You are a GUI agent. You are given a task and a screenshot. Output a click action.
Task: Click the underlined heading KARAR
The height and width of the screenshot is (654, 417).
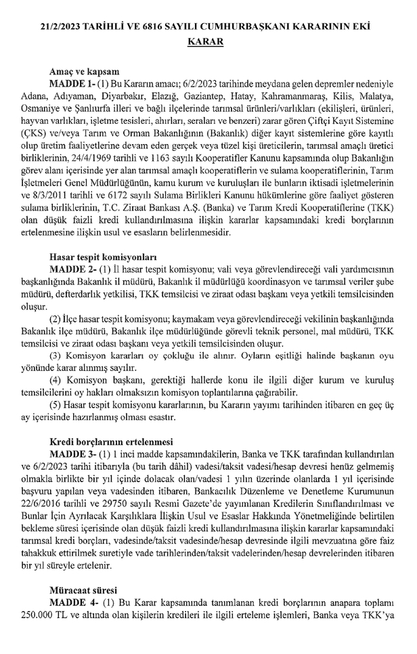click(208, 41)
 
